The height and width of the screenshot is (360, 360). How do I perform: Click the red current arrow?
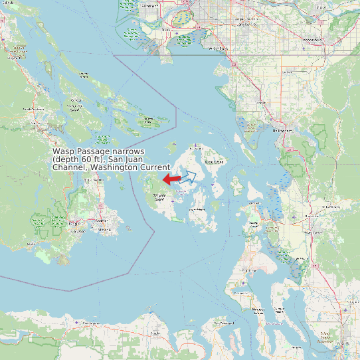click(171, 179)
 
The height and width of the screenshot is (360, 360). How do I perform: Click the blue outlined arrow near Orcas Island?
click(189, 177)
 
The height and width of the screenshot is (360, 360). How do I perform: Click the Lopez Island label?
click(197, 209)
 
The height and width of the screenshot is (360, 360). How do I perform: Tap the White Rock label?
click(217, 48)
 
